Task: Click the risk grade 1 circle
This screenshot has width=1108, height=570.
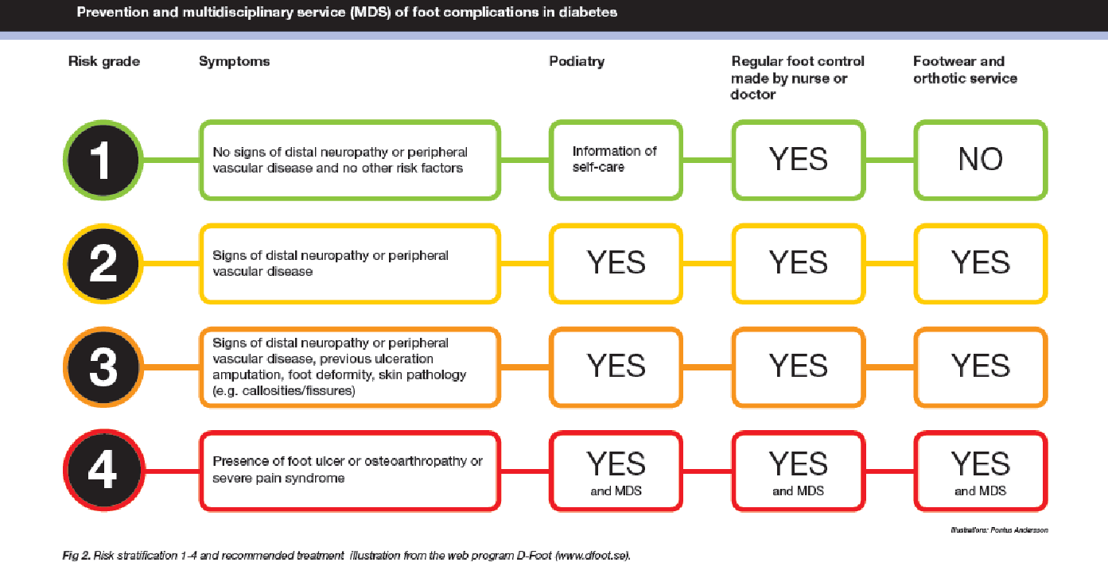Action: [x=103, y=160]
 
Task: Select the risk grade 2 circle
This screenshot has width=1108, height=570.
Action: [x=103, y=263]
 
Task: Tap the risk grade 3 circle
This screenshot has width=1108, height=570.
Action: [x=103, y=367]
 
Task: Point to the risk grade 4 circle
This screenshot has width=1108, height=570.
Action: [x=103, y=471]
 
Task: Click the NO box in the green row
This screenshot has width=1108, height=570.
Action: [x=980, y=160]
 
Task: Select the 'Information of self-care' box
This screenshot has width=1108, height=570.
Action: [x=615, y=160]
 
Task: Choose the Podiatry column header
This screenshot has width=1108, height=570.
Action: [x=577, y=61]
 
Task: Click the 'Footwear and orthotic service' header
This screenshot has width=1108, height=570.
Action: [x=964, y=69]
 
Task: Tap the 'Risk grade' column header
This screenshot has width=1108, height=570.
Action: [x=104, y=61]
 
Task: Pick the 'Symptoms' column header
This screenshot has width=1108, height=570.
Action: [x=234, y=61]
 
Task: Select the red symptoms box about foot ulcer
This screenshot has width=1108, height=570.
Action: [x=349, y=471]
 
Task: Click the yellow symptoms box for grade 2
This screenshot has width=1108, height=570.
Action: [x=349, y=263]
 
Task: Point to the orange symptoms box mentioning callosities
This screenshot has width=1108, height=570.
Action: [x=349, y=367]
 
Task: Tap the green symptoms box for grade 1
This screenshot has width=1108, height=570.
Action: [x=349, y=160]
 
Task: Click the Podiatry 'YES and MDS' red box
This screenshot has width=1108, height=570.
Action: [x=615, y=471]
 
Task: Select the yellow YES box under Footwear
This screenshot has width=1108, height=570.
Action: [x=980, y=263]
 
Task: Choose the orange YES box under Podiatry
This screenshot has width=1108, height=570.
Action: [x=615, y=367]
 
